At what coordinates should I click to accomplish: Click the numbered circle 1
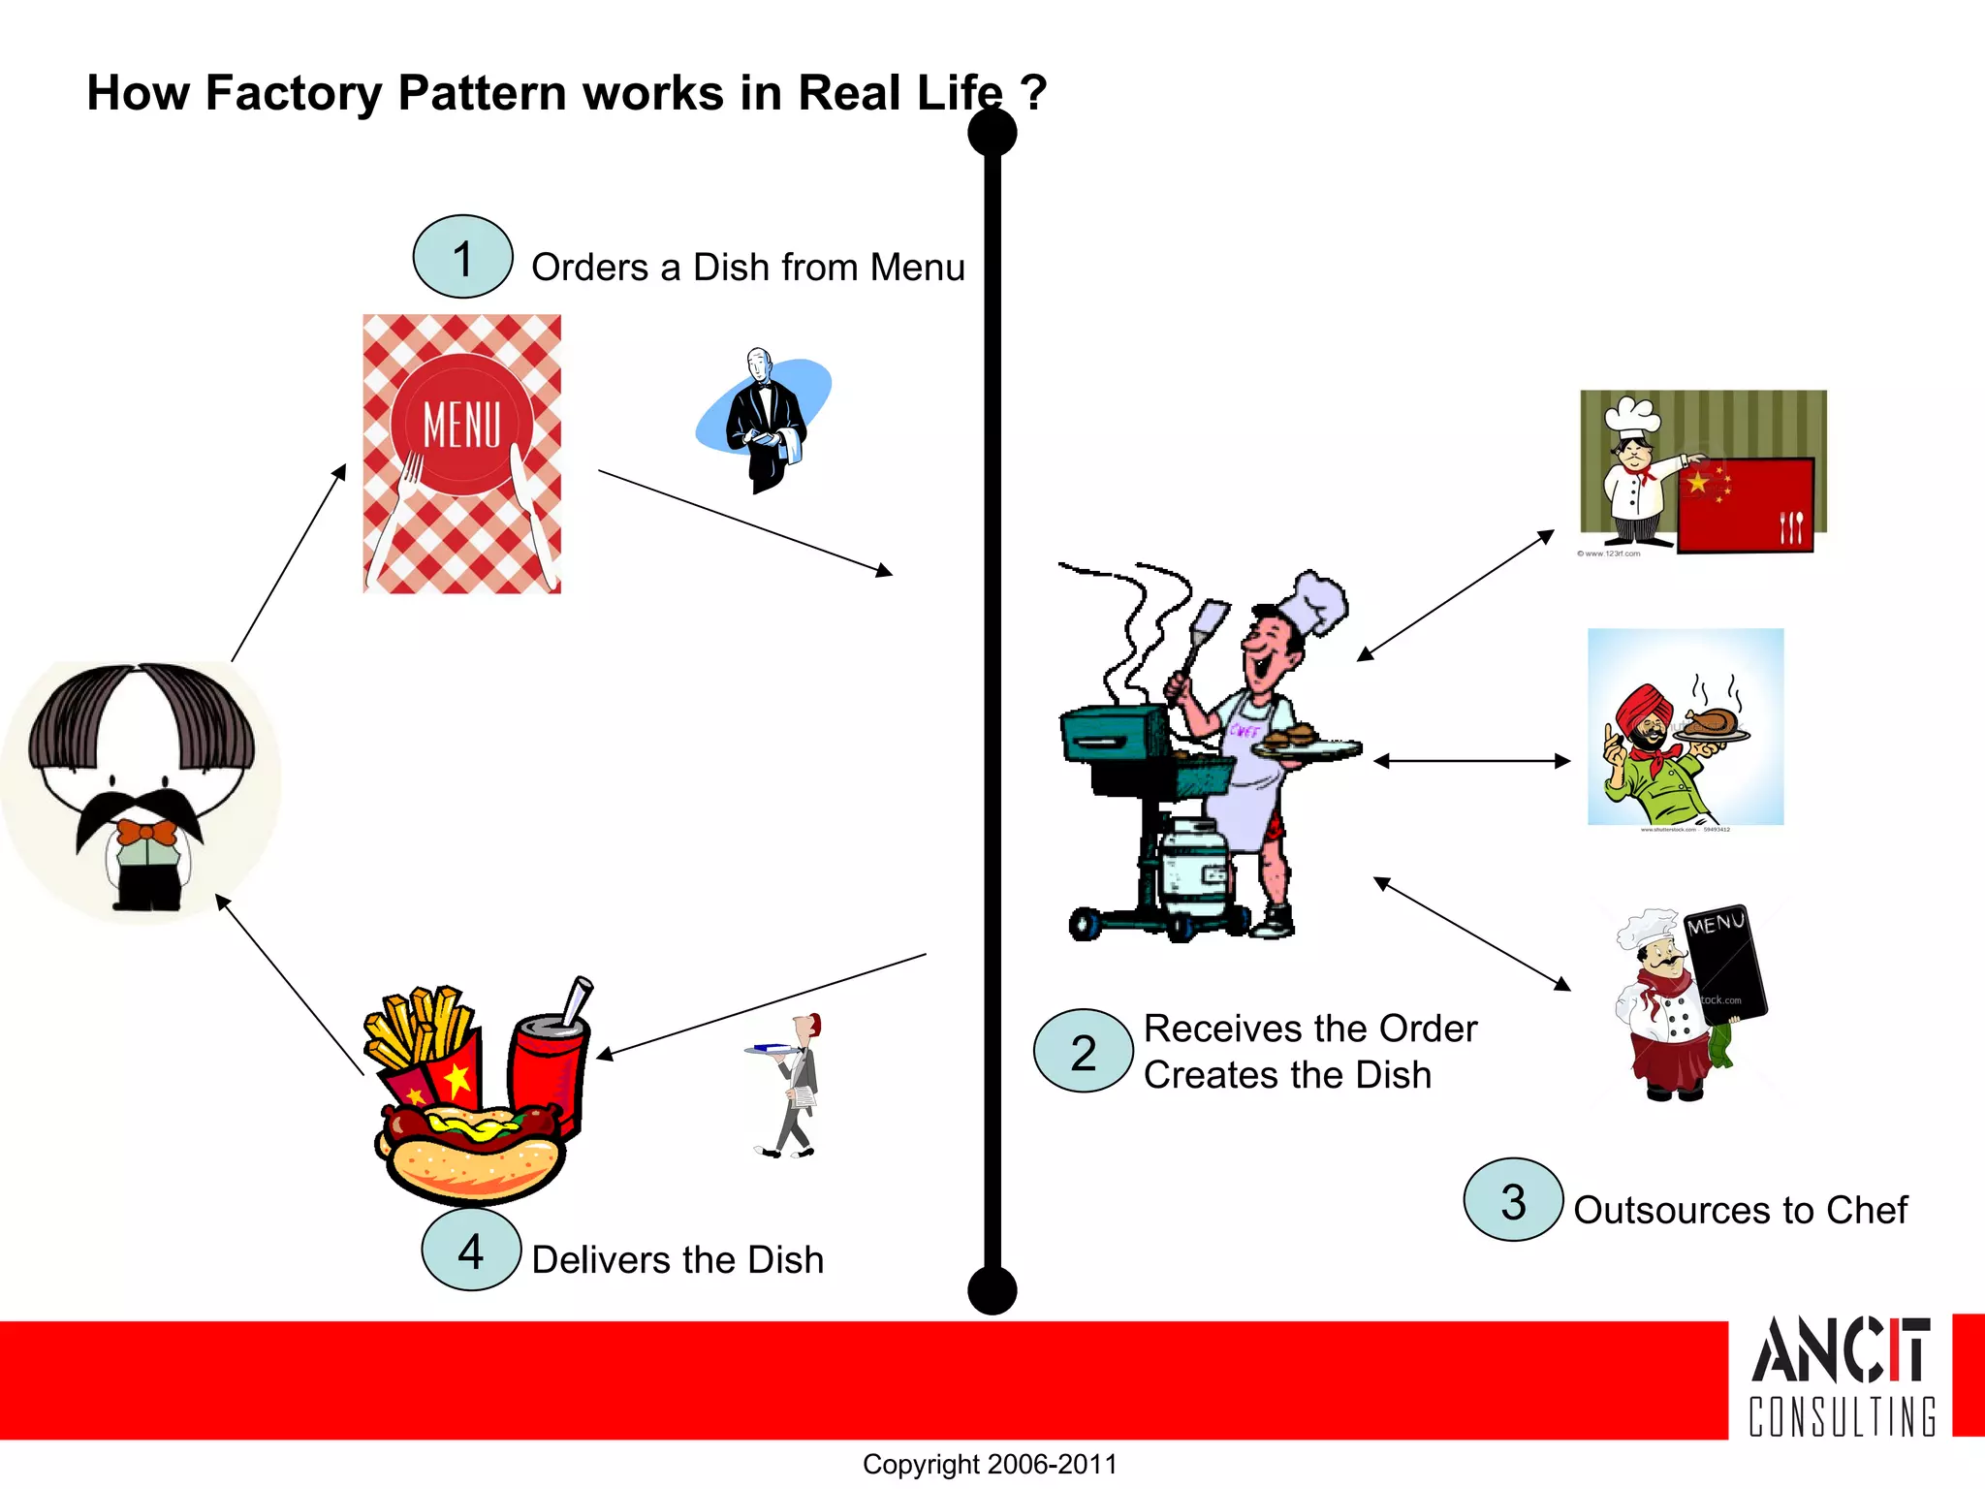click(x=462, y=257)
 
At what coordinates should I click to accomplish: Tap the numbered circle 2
click(x=1083, y=1052)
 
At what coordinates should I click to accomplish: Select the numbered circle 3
click(x=1513, y=1200)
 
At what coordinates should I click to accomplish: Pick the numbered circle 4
click(x=471, y=1250)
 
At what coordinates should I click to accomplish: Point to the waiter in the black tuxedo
click(x=766, y=422)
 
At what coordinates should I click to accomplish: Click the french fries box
click(x=422, y=1047)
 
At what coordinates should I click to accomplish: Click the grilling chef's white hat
click(x=1313, y=601)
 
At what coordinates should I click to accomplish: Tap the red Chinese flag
click(x=1745, y=504)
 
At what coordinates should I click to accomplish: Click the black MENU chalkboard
click(x=1725, y=965)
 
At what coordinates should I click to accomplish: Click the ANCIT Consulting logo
click(x=1842, y=1377)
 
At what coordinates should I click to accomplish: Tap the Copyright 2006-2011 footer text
click(x=990, y=1464)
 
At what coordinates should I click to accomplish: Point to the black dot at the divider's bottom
click(x=992, y=1290)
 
